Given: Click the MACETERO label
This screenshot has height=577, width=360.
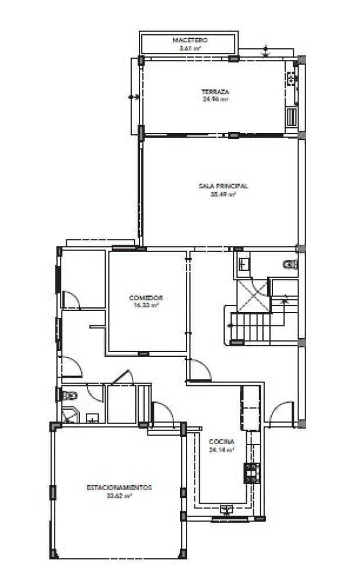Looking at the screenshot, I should coord(190,40).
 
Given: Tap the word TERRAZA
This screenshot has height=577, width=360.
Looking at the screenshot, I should coord(215,92).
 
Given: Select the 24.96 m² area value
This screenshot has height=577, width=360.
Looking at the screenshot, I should coord(215,99).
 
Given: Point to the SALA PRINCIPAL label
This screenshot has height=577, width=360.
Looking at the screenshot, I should coord(224,186).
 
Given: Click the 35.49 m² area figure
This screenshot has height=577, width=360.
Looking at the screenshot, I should coord(223,194).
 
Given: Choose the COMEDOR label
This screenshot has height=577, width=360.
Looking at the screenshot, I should coord(145,298).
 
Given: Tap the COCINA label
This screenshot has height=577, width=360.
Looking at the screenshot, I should coord(221,440).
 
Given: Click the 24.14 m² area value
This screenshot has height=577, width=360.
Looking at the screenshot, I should coord(221,449).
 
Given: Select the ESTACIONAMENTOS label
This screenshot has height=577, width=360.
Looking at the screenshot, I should coord(119,488).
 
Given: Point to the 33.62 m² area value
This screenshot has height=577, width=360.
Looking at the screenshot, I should coord(119,496).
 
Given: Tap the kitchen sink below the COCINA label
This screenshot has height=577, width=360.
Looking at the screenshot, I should coord(226,510).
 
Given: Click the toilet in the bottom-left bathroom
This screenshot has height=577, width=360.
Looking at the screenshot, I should coord(69,396).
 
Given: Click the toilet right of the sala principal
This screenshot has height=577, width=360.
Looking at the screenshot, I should coord(290,265).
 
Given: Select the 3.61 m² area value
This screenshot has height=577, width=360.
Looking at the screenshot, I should coord(190,48).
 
